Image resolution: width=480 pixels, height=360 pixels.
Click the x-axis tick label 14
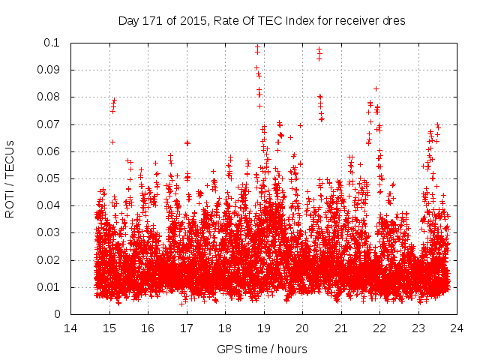tap(70, 328)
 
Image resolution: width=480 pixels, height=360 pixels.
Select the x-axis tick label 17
tap(186, 328)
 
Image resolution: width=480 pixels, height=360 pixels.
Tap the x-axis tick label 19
tap(263, 328)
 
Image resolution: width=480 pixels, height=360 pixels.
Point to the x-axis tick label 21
tap(340, 328)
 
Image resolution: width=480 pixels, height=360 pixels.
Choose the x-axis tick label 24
tap(456, 328)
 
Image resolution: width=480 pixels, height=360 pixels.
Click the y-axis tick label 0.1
tap(52, 43)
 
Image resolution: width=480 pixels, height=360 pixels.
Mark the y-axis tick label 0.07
tap(49, 124)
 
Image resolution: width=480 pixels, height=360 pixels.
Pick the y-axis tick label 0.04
tap(49, 205)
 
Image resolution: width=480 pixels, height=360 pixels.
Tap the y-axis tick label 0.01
tap(49, 287)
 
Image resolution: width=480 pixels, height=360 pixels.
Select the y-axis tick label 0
tap(58, 314)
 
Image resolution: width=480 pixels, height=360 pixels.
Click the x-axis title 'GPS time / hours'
tap(262, 349)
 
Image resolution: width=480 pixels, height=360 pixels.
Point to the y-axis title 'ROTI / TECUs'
tap(10, 178)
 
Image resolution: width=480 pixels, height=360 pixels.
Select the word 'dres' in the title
tap(395, 21)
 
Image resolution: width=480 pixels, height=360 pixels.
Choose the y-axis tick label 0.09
tap(49, 70)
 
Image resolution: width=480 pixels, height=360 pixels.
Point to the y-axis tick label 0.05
tap(49, 178)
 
